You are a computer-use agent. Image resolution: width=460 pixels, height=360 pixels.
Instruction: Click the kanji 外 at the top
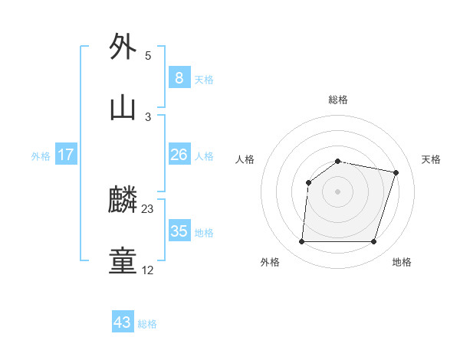[x=123, y=47]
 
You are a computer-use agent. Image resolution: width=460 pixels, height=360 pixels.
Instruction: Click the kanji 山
[x=123, y=107]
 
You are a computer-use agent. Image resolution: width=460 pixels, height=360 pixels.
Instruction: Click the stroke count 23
[x=148, y=208]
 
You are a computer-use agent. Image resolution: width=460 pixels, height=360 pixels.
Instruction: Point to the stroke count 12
[x=148, y=270]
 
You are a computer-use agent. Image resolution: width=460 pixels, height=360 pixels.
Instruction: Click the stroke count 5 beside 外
[x=148, y=56]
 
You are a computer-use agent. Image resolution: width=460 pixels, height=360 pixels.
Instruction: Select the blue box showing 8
[x=179, y=77]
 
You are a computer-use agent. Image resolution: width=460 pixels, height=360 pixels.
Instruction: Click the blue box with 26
[x=179, y=155]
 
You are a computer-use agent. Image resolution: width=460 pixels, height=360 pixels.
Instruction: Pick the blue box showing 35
[x=179, y=231]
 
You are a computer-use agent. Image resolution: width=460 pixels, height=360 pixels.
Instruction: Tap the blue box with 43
[x=123, y=322]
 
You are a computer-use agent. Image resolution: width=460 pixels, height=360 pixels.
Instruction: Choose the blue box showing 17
[x=66, y=155]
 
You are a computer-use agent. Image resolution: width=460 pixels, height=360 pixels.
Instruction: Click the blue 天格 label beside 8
[x=204, y=79]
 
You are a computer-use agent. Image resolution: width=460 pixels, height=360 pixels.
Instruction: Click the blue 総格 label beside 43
[x=147, y=324]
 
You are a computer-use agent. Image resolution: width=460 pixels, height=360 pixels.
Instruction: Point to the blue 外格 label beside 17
[x=41, y=156]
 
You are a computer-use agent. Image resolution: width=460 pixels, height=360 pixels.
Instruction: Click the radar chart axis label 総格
[x=338, y=100]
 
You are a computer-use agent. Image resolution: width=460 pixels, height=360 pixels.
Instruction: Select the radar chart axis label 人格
[x=245, y=159]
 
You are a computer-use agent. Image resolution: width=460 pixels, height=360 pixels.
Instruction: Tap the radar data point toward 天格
[x=396, y=173]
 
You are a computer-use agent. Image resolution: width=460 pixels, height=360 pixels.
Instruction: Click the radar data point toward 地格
[x=373, y=242]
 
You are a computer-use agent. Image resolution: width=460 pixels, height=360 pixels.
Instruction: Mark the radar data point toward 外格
[x=301, y=242]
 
